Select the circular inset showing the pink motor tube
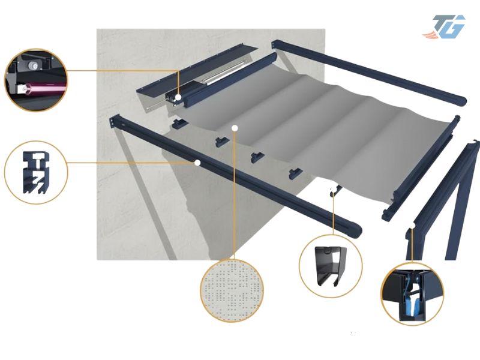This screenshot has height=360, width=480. click(36, 80)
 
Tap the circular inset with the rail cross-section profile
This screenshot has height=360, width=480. click(36, 172)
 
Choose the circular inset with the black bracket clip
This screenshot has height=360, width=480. click(331, 266)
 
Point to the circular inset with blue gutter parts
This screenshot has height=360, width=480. click(412, 293)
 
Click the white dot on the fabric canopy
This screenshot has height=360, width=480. click(235, 128)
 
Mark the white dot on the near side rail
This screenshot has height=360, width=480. click(197, 163)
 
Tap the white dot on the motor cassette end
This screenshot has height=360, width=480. click(178, 98)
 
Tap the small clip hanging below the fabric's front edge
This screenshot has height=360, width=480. click(335, 191)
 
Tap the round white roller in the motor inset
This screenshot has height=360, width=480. click(32, 65)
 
